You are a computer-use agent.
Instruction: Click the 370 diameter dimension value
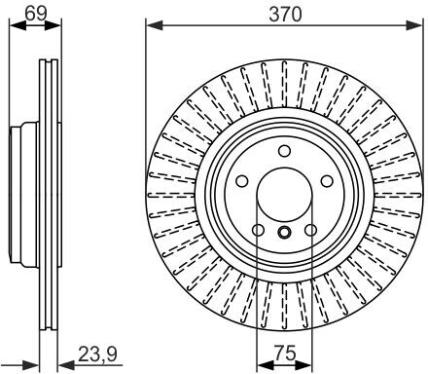pos(285,15)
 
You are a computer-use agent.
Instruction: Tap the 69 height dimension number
pos(36,14)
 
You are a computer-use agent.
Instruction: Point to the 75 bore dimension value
pos(285,353)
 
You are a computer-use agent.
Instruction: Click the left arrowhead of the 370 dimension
pos(154,25)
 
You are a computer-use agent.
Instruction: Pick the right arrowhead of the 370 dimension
pos(414,25)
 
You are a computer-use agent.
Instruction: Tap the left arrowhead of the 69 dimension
pos(18,25)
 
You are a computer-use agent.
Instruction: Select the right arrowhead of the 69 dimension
pos(53,25)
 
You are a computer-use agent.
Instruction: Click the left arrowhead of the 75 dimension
pos(265,364)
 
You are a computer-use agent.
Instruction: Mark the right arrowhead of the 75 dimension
pos(304,364)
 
